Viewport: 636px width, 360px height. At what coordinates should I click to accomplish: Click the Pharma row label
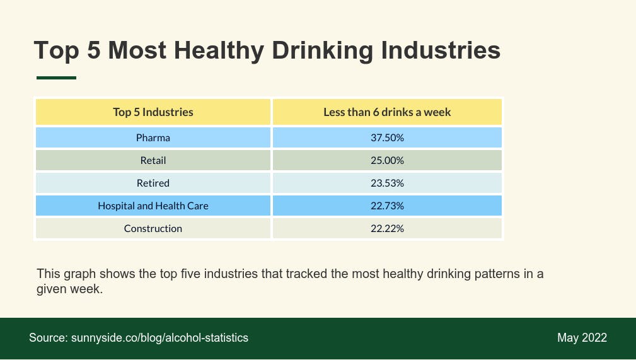pyautogui.click(x=153, y=137)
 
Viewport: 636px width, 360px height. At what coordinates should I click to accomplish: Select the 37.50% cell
pyautogui.click(x=387, y=137)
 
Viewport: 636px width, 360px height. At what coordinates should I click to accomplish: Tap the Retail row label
pyautogui.click(x=153, y=160)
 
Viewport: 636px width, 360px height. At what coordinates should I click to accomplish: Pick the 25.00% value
pyautogui.click(x=387, y=160)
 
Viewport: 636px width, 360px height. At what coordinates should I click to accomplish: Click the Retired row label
pyautogui.click(x=153, y=183)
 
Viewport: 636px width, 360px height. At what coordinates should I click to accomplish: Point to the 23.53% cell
pyautogui.click(x=387, y=183)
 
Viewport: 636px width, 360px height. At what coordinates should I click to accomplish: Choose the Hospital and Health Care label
pyautogui.click(x=153, y=206)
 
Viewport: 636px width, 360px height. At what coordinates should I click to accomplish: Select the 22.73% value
pyautogui.click(x=387, y=206)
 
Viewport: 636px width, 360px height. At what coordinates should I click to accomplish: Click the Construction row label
pyautogui.click(x=153, y=228)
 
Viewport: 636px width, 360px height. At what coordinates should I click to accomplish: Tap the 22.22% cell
pyautogui.click(x=387, y=228)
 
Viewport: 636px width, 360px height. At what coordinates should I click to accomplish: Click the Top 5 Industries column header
pyautogui.click(x=153, y=112)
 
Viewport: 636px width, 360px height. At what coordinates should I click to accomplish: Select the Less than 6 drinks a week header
pyautogui.click(x=387, y=112)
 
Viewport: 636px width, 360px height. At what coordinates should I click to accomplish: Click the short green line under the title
pyautogui.click(x=56, y=78)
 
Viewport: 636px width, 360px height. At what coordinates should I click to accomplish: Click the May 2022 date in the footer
pyautogui.click(x=582, y=338)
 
